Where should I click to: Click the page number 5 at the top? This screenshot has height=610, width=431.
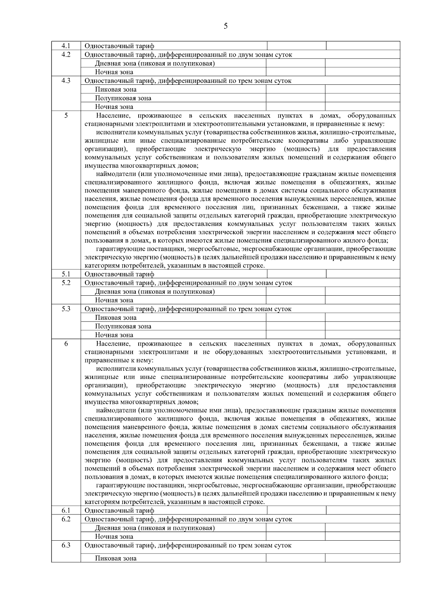click(x=226, y=26)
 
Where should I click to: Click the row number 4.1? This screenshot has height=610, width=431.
click(x=66, y=46)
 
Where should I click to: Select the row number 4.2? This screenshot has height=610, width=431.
click(x=66, y=55)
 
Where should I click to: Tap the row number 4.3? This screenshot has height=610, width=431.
click(x=66, y=81)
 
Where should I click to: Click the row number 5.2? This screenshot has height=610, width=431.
click(x=66, y=283)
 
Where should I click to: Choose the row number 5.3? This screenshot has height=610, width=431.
click(x=66, y=309)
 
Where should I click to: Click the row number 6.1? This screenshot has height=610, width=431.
click(x=66, y=510)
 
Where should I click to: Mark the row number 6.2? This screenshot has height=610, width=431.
click(x=66, y=519)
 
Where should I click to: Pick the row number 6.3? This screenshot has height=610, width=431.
click(x=66, y=545)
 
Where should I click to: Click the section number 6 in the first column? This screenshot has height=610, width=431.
click(x=66, y=344)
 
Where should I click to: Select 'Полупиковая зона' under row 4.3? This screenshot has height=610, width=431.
click(x=123, y=98)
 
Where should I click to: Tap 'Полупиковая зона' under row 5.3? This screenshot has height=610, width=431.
click(x=123, y=326)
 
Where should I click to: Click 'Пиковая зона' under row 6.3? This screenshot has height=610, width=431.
click(x=116, y=559)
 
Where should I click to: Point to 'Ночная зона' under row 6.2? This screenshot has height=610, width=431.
click(x=114, y=537)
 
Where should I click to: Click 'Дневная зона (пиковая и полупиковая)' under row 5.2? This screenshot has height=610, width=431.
click(x=155, y=292)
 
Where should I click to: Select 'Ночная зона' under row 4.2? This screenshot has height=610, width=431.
click(x=114, y=72)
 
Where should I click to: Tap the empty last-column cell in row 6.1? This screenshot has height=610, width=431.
click(x=363, y=510)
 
